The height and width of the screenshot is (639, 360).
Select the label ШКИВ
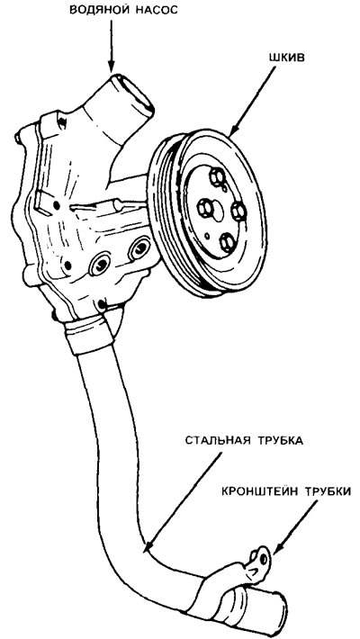coord(287,57)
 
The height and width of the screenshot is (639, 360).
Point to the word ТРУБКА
coord(280,441)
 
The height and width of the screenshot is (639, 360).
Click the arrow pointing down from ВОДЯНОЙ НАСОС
coord(111,46)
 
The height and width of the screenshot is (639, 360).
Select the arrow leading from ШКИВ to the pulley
coord(252,102)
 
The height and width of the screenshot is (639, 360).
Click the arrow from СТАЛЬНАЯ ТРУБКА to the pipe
coord(183,501)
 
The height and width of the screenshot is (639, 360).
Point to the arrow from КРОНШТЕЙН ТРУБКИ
coord(295,526)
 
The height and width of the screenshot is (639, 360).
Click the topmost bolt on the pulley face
coord(217,177)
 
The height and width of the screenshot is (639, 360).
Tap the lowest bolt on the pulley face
coord(227,243)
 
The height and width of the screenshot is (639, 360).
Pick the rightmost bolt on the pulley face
coord(238,211)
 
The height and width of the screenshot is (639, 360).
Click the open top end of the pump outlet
coord(133,93)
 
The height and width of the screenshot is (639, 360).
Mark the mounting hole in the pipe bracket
coord(264,558)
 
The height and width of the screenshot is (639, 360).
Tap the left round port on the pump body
coord(100,264)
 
